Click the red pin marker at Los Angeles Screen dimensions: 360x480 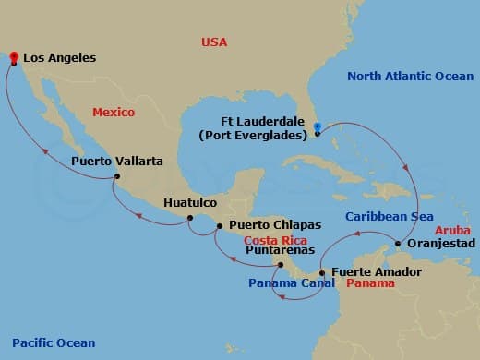click(x=14, y=57)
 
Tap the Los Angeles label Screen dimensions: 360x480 click(x=59, y=58)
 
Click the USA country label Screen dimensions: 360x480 click(x=215, y=42)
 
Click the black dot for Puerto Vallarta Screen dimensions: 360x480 click(x=117, y=176)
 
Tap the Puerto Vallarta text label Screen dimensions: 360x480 click(x=117, y=161)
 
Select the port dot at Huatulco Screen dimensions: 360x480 click(x=190, y=219)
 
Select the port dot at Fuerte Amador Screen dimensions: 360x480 click(x=321, y=273)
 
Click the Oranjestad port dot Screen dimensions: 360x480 click(x=397, y=245)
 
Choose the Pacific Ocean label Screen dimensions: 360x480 click(x=48, y=343)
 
